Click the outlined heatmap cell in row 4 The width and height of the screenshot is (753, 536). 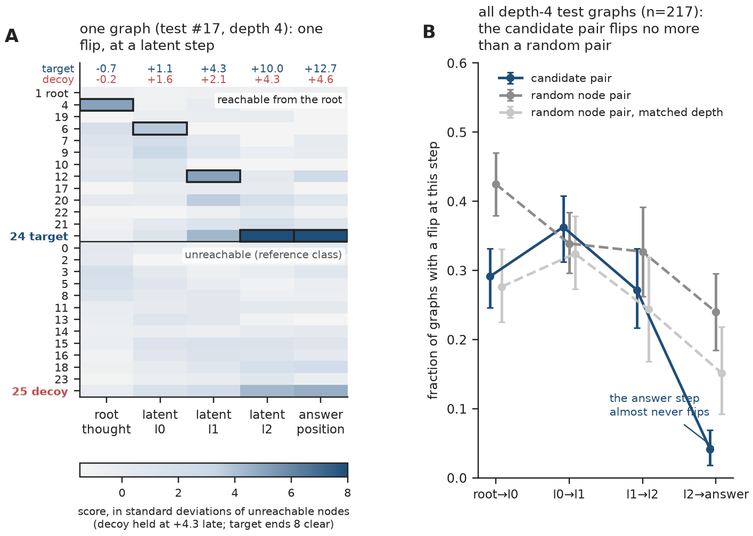tap(107, 105)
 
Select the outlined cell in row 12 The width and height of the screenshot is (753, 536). tap(214, 176)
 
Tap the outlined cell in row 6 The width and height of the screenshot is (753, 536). tap(160, 129)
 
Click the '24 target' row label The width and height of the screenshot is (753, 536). tap(39, 236)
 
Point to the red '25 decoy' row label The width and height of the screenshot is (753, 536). tap(40, 392)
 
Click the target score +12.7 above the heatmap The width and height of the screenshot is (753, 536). tap(321, 69)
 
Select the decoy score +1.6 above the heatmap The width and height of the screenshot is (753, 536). tap(160, 80)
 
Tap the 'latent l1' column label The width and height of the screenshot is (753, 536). tap(214, 422)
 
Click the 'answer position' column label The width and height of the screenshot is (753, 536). tap(321, 422)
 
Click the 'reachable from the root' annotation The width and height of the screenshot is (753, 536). tap(280, 100)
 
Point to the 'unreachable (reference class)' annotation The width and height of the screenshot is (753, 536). tap(263, 255)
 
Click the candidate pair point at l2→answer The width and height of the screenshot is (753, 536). tap(710, 449)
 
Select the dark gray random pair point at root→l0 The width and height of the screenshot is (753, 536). tap(496, 185)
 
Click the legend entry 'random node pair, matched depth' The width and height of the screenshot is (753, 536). tap(611, 112)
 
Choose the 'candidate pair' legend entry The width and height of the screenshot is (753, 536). tap(555, 78)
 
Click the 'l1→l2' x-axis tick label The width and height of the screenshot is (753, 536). tap(642, 494)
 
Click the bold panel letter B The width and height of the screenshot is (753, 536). tap(429, 32)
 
